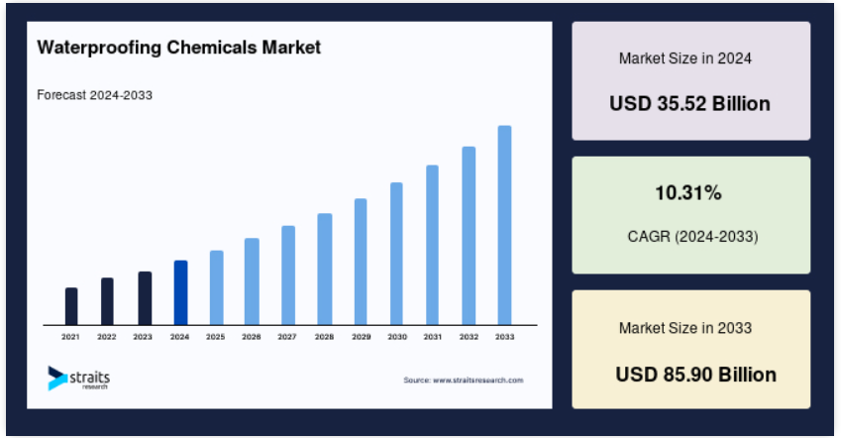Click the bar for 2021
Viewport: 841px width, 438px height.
71,306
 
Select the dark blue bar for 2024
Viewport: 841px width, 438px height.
180,292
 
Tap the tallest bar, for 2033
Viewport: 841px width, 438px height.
504,225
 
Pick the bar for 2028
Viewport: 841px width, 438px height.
325,269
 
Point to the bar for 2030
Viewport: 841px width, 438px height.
396,254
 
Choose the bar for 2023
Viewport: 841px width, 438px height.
145,298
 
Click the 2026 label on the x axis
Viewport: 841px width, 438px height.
251,337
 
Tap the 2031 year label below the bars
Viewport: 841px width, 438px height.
432,337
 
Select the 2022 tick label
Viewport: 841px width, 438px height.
107,337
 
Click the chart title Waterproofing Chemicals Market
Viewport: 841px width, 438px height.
178,48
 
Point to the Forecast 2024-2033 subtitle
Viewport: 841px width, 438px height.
94,95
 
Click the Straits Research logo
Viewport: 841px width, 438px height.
79,378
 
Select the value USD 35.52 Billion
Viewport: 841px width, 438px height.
689,103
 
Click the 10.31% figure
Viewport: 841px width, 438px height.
688,192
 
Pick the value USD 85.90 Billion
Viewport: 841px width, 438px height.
695,375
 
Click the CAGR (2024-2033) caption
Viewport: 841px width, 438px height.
692,236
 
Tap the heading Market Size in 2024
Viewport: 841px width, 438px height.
684,57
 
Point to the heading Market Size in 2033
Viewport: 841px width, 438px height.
684,328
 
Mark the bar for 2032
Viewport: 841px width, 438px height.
469,236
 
